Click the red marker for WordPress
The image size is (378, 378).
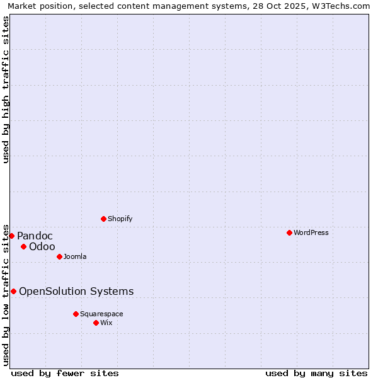click(289, 232)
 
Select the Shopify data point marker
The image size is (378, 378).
click(103, 219)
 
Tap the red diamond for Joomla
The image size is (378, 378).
click(59, 256)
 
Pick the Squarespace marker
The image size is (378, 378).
click(76, 314)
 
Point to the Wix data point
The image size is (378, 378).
click(96, 323)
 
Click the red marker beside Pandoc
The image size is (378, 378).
click(11, 236)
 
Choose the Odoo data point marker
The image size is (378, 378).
click(23, 246)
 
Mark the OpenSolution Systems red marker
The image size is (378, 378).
click(13, 291)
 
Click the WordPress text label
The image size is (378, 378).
click(311, 232)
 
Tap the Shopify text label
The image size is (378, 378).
click(120, 219)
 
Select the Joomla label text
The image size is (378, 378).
click(75, 256)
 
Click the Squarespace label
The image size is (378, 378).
click(101, 314)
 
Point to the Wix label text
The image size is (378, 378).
click(106, 323)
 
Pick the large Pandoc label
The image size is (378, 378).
click(35, 236)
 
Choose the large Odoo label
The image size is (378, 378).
click(42, 246)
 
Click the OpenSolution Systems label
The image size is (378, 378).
click(76, 291)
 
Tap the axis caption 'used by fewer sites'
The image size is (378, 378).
click(65, 373)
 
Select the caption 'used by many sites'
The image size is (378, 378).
click(316, 373)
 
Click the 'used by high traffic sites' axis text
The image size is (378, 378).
click(6, 89)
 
